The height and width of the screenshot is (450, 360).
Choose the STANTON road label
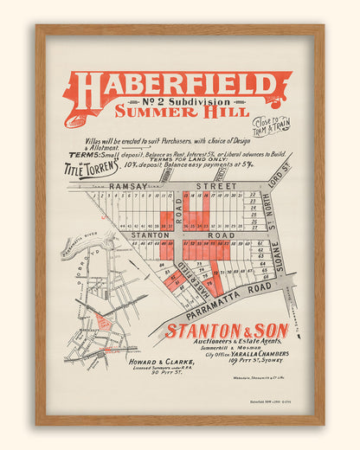pos(149,235)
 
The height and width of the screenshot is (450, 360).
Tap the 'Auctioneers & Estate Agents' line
pos(227,344)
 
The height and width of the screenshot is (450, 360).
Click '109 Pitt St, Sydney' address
pos(239,363)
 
